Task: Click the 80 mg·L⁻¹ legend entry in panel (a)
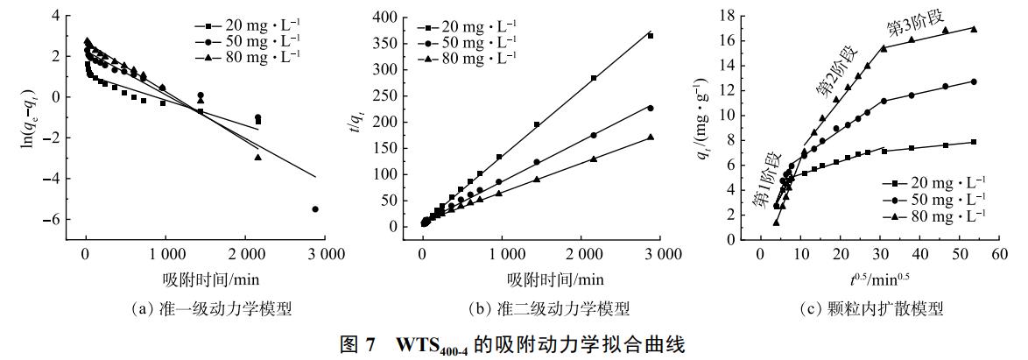point(255,54)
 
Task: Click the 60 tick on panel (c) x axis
point(997,253)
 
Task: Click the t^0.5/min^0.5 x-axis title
point(877,279)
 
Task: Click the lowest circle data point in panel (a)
point(315,208)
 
